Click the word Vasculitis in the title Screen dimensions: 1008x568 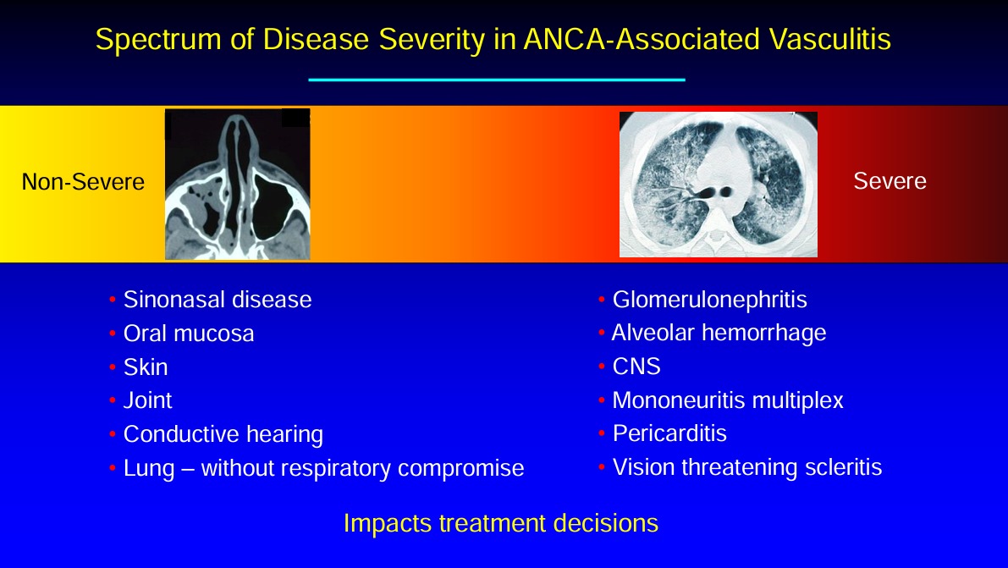(829, 39)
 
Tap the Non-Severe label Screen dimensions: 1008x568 (83, 182)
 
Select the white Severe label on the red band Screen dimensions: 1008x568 (890, 181)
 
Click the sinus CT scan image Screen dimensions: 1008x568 (238, 184)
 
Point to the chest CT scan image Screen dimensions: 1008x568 (718, 185)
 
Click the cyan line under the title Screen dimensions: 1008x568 (497, 80)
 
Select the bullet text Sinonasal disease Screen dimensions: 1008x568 (218, 300)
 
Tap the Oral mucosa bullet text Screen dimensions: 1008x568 (189, 334)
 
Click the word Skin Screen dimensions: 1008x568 (146, 367)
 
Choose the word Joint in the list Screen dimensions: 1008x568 (147, 400)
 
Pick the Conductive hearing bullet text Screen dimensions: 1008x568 (223, 435)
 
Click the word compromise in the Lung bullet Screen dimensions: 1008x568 (461, 468)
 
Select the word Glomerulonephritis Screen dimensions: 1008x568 (710, 300)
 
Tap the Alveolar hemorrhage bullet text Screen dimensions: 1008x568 (719, 333)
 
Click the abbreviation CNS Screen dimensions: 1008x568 (636, 366)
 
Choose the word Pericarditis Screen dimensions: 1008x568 (669, 433)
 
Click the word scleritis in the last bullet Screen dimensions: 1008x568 (844, 467)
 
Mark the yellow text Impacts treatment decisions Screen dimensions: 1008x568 (501, 523)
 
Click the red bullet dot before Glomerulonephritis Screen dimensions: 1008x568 (601, 300)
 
